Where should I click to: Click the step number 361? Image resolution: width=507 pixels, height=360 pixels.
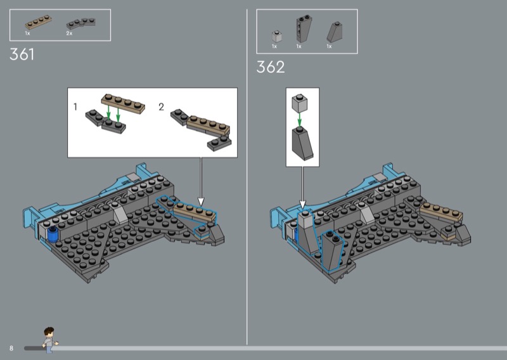(22, 54)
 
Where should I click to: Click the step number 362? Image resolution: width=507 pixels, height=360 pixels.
(271, 67)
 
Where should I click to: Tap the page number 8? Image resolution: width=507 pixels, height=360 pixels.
(11, 348)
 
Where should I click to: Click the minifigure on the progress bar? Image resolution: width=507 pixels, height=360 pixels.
(50, 340)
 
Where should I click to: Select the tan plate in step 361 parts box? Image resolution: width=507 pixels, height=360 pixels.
(38, 22)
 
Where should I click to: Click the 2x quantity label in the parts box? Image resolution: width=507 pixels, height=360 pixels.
(69, 34)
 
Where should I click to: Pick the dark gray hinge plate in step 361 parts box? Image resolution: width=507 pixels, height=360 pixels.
(81, 23)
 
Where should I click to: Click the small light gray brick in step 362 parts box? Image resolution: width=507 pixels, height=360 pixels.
(277, 36)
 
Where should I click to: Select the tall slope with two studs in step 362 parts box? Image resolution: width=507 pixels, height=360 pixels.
(304, 29)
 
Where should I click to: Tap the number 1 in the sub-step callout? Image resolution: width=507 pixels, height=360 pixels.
(75, 106)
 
